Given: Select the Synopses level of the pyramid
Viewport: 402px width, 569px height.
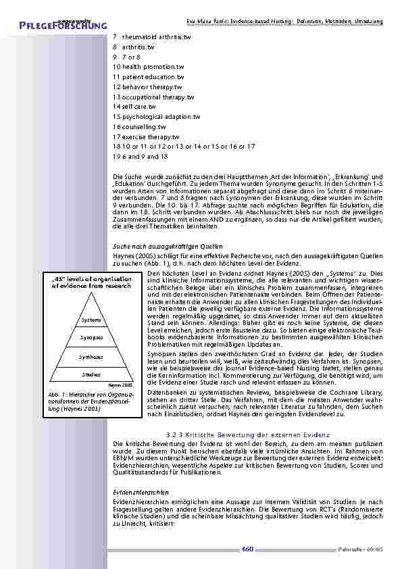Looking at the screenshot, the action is pos(91,337).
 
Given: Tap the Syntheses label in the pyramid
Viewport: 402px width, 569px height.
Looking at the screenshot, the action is pos(91,356).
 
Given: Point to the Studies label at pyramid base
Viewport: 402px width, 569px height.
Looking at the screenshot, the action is pos(91,374).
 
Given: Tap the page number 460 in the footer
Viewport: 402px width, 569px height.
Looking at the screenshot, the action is pos(247,549).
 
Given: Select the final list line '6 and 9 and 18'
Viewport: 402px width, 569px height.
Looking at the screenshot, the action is pos(141,156).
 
